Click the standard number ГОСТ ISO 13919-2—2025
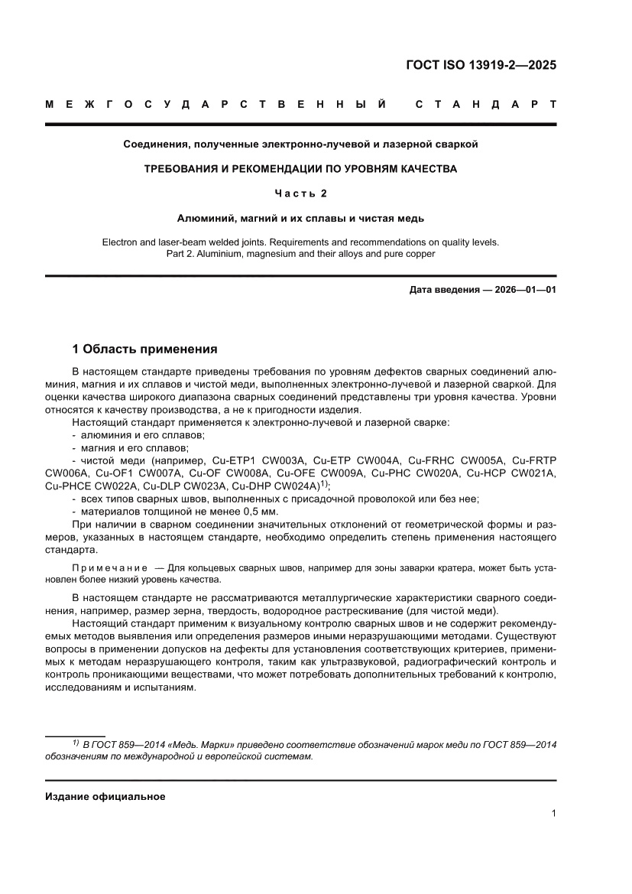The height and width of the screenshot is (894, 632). [481, 65]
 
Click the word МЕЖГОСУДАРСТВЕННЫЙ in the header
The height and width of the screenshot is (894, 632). [215, 103]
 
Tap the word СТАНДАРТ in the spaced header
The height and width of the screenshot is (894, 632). [485, 103]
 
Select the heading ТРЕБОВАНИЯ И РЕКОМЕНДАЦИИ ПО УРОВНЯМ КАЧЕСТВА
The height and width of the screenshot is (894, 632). [300, 168]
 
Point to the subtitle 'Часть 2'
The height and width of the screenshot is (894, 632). [300, 193]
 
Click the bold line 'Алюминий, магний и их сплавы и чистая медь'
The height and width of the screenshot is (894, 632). [300, 217]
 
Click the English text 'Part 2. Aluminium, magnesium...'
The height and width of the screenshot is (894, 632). [300, 254]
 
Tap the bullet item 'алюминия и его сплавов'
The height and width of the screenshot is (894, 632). [142, 434]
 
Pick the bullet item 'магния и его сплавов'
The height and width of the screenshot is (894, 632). [135, 447]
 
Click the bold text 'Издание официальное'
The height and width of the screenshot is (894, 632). [105, 796]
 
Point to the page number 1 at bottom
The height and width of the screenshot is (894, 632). [553, 814]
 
